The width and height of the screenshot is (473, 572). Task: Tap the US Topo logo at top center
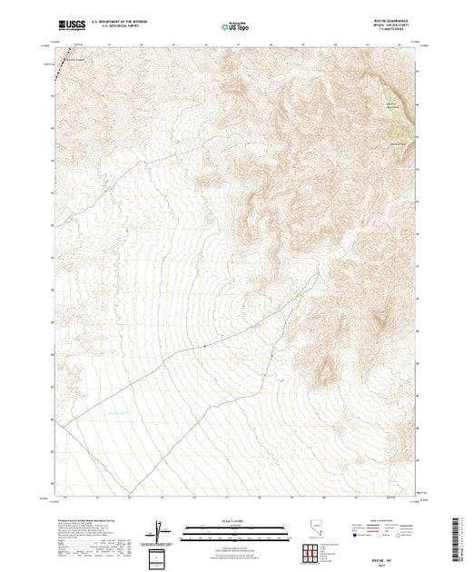point(235,26)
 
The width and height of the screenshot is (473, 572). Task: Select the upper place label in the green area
point(391,106)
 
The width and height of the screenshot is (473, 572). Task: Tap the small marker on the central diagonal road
point(204,346)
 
